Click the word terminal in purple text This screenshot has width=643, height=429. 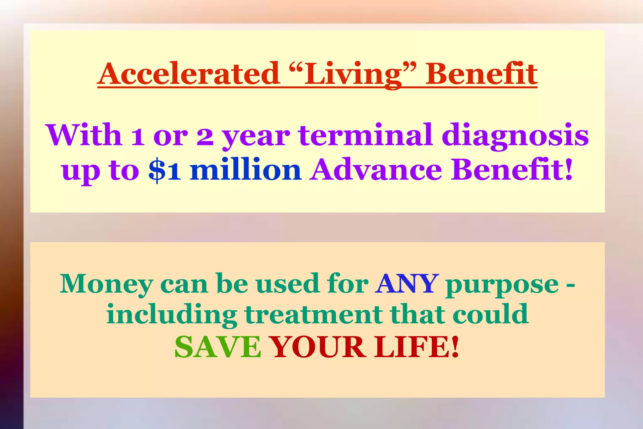[x=365, y=135]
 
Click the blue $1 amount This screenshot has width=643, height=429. [x=165, y=170]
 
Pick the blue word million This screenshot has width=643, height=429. [x=246, y=170]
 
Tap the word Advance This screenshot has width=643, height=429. [x=376, y=170]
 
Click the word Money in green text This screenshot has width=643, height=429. [x=106, y=284]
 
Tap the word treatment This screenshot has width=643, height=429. [x=313, y=315]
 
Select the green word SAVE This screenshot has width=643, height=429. [x=218, y=347]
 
